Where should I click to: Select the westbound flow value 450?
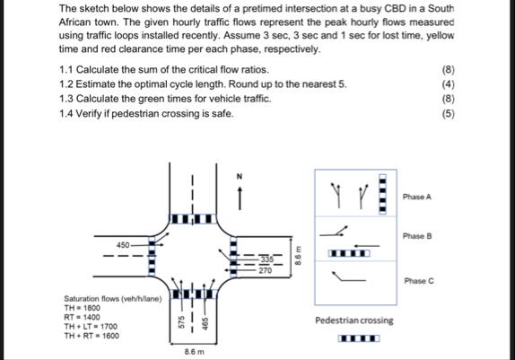[x=123, y=243]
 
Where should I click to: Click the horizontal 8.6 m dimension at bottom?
[x=196, y=354]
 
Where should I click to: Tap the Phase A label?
[x=418, y=196]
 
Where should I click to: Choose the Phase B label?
[x=418, y=235]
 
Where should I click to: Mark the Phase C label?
[x=418, y=280]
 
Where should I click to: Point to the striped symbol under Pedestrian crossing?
[x=359, y=338]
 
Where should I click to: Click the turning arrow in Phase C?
[x=346, y=280]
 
